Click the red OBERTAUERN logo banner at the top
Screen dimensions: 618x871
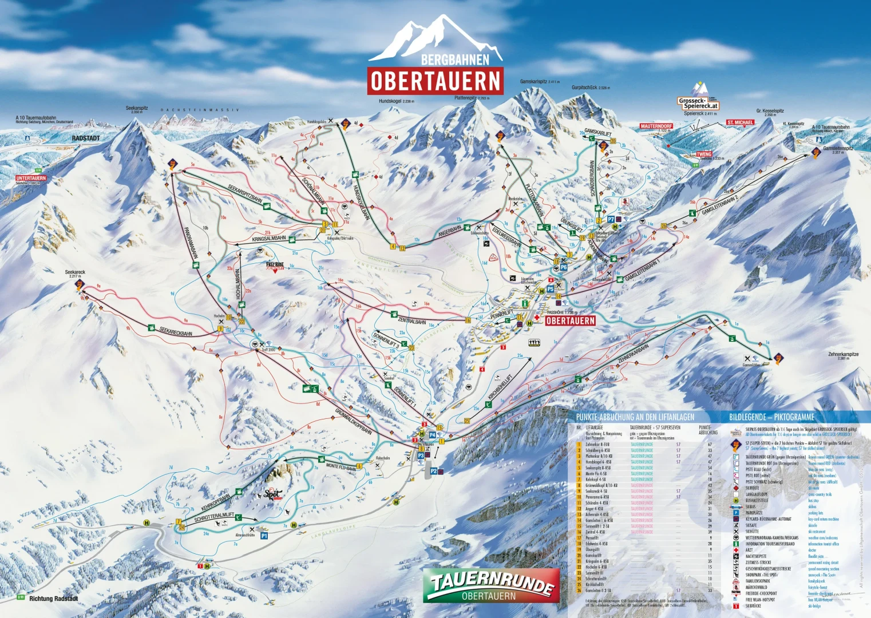pos(435,81)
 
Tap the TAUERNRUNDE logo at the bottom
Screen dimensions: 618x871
pos(492,585)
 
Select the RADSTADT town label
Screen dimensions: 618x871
pos(86,138)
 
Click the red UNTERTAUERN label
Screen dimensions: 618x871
pos(31,178)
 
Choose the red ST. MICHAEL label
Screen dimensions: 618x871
pos(740,122)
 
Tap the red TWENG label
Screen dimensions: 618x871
pos(704,154)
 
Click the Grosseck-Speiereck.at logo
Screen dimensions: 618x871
pos(698,103)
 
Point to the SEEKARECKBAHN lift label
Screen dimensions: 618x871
pos(176,330)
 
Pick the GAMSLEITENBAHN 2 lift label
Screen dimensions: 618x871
pos(720,204)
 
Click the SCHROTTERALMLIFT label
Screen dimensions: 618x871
pos(214,517)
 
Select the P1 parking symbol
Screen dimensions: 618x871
pos(264,536)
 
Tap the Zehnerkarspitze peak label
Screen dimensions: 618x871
pos(843,354)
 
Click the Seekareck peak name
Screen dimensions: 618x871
pos(75,272)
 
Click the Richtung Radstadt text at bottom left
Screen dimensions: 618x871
pos(54,599)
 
